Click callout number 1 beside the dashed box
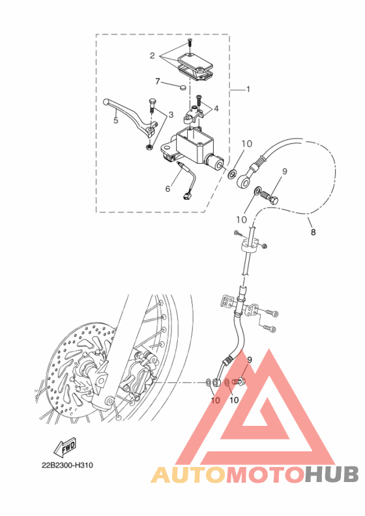(x=248, y=89)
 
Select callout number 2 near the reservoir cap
(x=152, y=56)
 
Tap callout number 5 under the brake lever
(x=115, y=120)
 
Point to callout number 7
(x=157, y=81)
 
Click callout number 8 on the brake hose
(x=313, y=232)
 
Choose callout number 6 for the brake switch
(x=168, y=189)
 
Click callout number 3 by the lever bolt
(x=171, y=115)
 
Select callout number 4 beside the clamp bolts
(x=216, y=108)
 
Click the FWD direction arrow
(x=65, y=447)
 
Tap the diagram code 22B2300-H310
(x=67, y=465)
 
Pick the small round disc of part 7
(x=183, y=88)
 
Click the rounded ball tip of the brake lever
(x=106, y=102)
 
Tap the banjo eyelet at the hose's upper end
(x=242, y=181)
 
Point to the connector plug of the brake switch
(x=186, y=197)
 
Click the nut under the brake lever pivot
(x=149, y=146)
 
